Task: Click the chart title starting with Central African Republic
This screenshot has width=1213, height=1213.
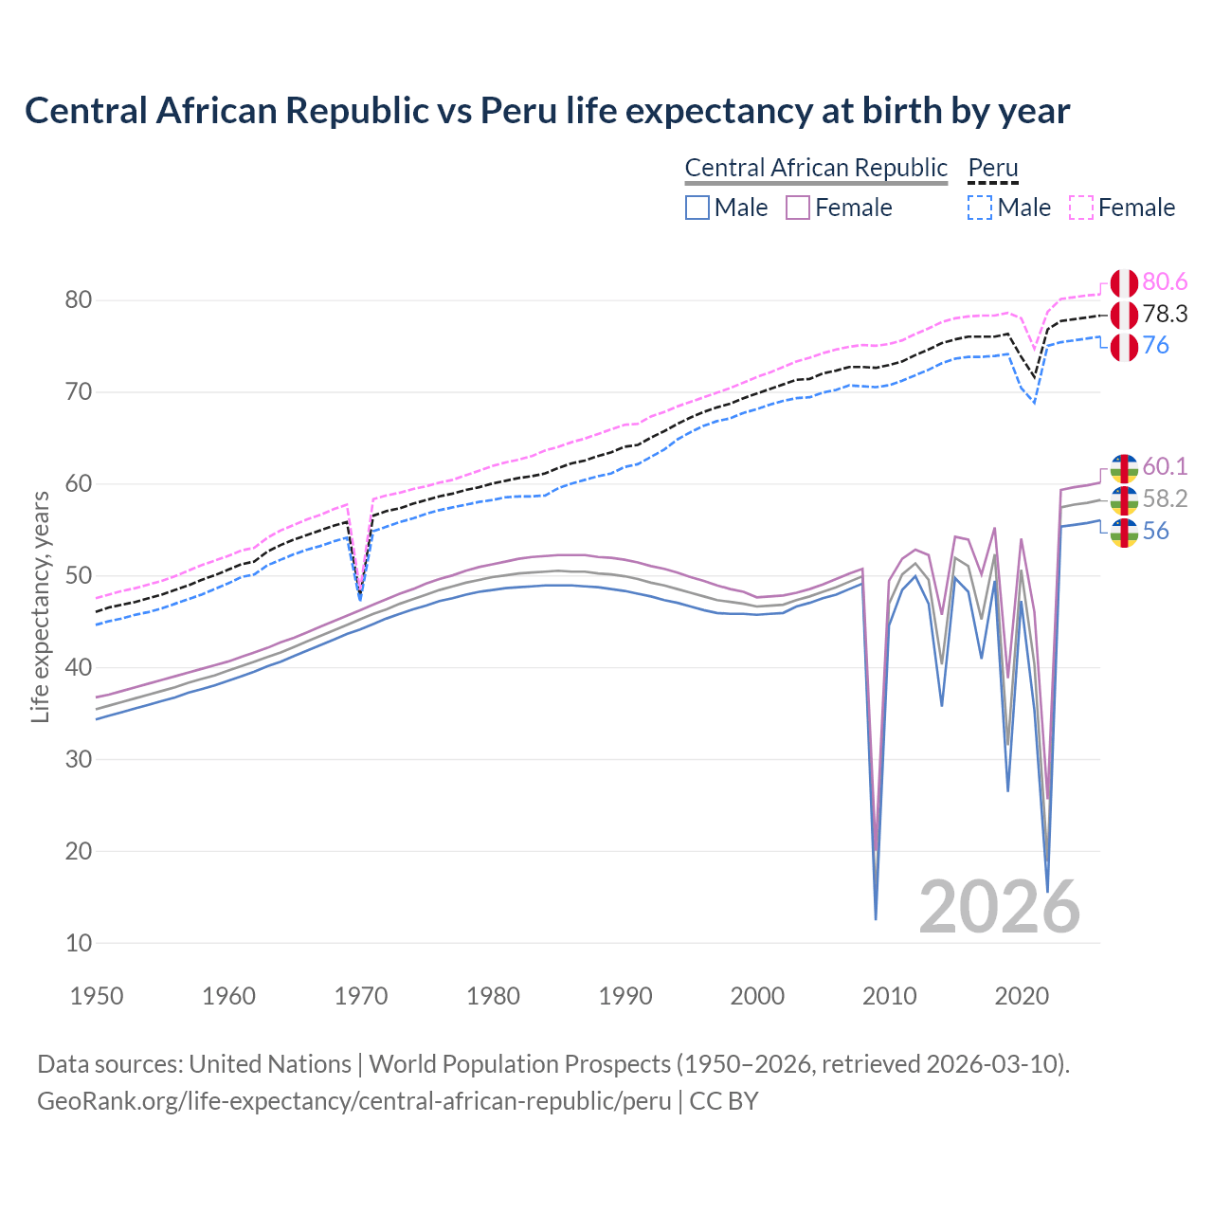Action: [x=547, y=111]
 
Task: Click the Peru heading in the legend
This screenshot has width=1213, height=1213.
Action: [x=992, y=168]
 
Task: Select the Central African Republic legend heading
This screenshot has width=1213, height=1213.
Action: [x=816, y=168]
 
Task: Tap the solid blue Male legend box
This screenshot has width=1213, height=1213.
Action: [x=697, y=208]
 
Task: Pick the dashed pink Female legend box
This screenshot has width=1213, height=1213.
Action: [x=1081, y=208]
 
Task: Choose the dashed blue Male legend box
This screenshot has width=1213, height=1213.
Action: [x=980, y=208]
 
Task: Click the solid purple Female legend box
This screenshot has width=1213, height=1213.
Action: [x=798, y=208]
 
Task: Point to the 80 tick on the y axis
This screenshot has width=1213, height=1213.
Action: [x=79, y=300]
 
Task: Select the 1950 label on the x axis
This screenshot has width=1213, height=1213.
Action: [x=97, y=996]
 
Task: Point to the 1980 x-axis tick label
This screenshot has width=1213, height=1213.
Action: [x=493, y=996]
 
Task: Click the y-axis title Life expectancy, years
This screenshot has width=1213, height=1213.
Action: [x=41, y=606]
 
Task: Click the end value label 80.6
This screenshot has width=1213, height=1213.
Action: [x=1165, y=282]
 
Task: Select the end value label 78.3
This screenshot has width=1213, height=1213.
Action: [x=1165, y=315]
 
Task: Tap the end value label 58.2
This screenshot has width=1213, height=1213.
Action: [x=1165, y=499]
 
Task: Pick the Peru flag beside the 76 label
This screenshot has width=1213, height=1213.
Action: [x=1124, y=347]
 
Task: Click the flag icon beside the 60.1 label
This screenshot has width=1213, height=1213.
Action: [x=1124, y=467]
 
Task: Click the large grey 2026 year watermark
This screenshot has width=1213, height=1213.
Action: [x=999, y=907]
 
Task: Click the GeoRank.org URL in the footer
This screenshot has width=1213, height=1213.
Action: [x=353, y=1101]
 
